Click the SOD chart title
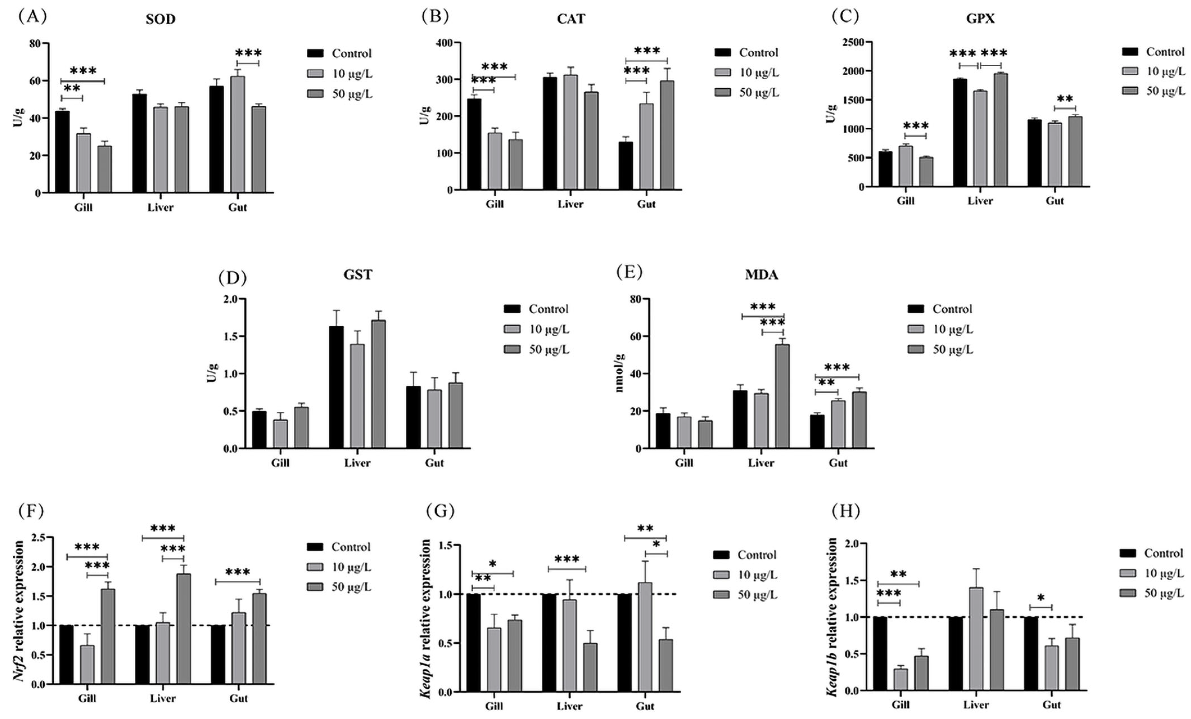tap(161, 19)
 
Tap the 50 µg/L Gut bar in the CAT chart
tap(667, 135)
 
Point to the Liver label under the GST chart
tap(357, 463)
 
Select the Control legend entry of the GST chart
tap(537, 309)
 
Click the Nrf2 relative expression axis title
tap(19, 611)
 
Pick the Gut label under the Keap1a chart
tap(645, 706)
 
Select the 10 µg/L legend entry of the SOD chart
tap(340, 73)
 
